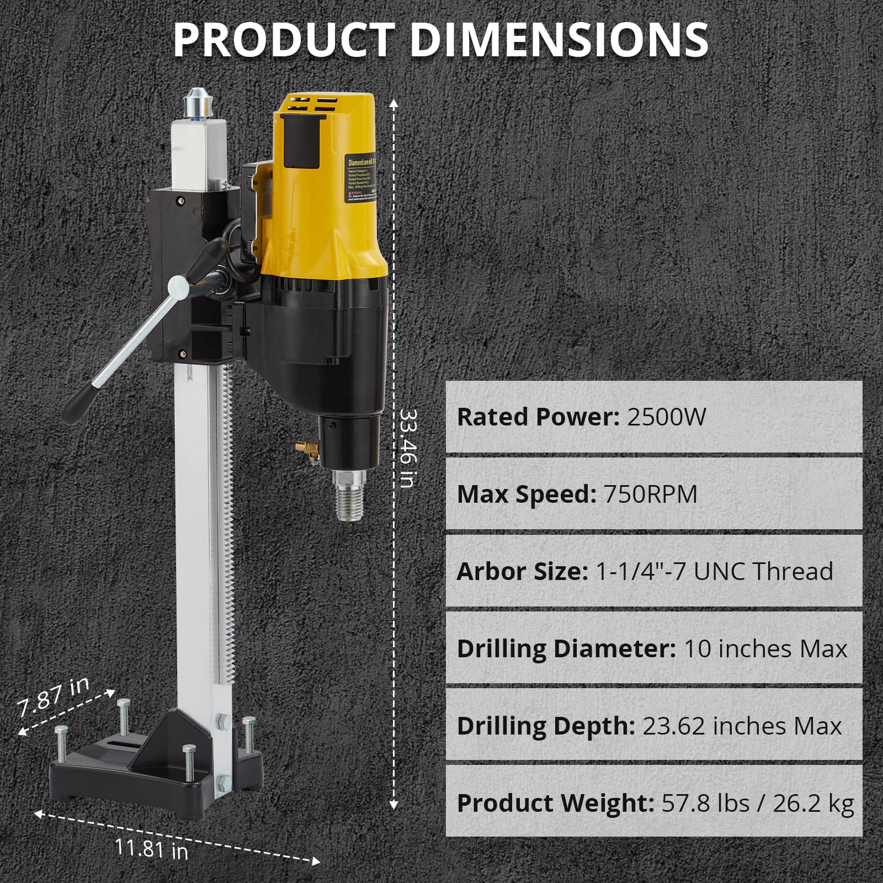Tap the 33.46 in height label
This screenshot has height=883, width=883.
coord(408,448)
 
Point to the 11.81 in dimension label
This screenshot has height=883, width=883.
coord(151,848)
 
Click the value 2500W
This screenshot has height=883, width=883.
coord(666,417)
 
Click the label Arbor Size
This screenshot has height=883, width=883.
coord(522,571)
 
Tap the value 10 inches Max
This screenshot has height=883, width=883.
coord(765,648)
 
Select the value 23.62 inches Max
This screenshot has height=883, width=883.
coord(742,726)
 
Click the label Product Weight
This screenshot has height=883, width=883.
coord(555,803)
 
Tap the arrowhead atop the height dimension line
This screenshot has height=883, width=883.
coord(393,103)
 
